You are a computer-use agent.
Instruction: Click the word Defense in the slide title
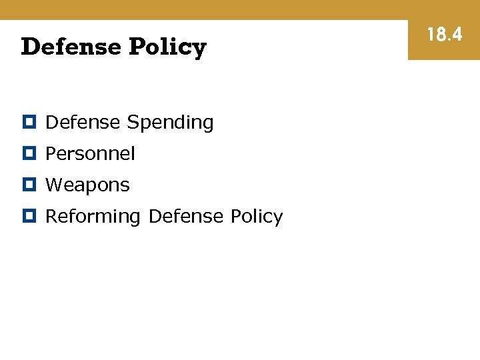point(70,47)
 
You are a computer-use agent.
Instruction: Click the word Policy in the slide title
point(167,47)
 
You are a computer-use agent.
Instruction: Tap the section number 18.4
point(444,35)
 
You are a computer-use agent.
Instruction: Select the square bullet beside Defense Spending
point(29,122)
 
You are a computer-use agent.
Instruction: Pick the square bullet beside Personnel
point(29,153)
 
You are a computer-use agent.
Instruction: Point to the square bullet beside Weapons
point(29,185)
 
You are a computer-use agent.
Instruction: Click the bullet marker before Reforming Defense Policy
point(29,216)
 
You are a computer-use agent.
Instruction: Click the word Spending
point(170,123)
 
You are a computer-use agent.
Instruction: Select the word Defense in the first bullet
point(83,122)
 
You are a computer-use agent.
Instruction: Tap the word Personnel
point(90,153)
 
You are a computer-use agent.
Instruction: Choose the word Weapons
point(87,185)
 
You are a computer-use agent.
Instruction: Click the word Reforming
point(93,217)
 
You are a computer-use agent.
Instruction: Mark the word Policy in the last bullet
point(256,217)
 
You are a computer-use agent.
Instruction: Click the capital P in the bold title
point(137,47)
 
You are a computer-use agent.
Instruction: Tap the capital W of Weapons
point(53,185)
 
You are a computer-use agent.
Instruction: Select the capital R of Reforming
point(51,216)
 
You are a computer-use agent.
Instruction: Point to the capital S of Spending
point(132,122)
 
